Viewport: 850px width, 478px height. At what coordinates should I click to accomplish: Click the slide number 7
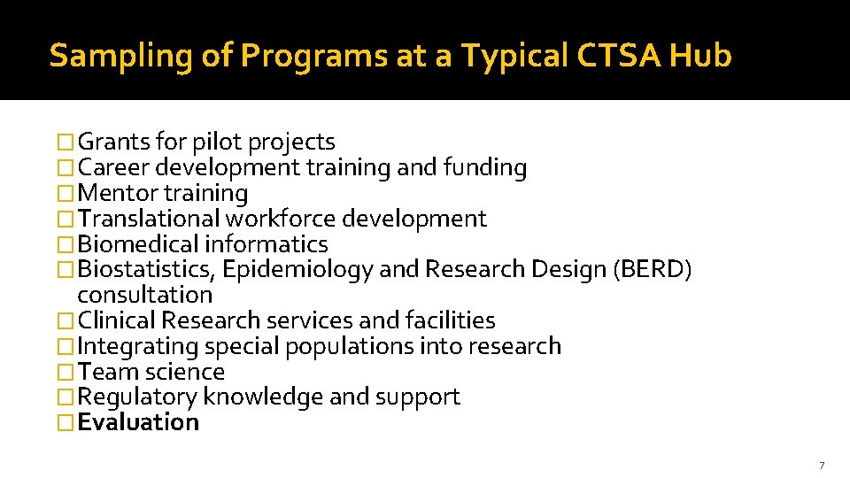(x=822, y=466)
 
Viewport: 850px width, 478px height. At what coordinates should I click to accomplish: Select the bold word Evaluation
(x=138, y=422)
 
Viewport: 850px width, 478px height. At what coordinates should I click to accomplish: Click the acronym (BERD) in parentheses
(x=652, y=269)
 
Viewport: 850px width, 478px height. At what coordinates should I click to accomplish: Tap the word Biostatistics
(x=146, y=269)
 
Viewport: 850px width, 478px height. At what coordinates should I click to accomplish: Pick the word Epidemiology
(x=298, y=269)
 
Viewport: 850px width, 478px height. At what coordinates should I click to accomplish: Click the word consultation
(x=145, y=295)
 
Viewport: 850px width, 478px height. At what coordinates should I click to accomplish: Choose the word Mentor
(x=118, y=193)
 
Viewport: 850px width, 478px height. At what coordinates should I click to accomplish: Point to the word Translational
(x=149, y=219)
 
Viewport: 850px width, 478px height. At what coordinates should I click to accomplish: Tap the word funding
(x=485, y=167)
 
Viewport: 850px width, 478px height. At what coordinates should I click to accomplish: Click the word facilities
(x=450, y=320)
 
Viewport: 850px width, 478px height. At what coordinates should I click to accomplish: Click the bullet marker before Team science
(x=66, y=372)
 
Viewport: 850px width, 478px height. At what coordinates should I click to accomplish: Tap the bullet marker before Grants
(x=66, y=142)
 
